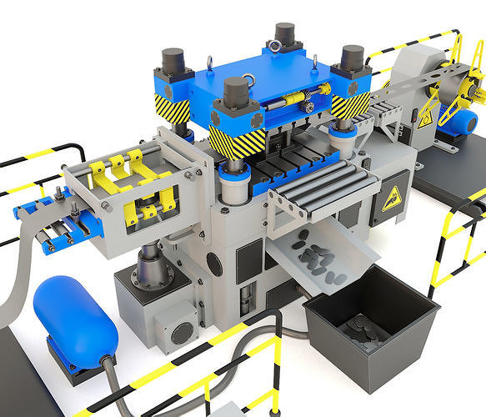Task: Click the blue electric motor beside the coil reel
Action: [x=458, y=122]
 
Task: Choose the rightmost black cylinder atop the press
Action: [x=352, y=58]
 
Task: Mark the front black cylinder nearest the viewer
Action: [x=237, y=93]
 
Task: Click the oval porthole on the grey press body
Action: [x=214, y=264]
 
